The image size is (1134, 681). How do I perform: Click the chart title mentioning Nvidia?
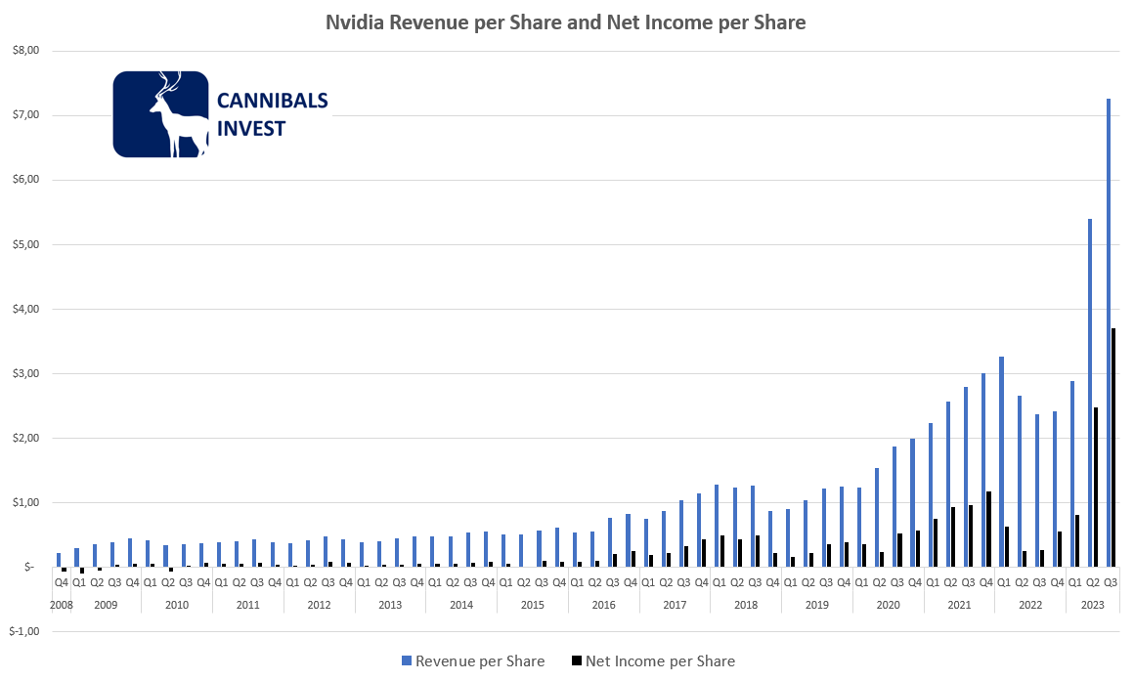(x=566, y=22)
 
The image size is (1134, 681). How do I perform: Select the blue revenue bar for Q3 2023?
(x=1108, y=332)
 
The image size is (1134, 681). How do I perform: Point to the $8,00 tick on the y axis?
(x=23, y=51)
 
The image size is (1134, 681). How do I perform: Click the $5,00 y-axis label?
(x=23, y=244)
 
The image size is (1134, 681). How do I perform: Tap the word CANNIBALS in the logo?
(x=272, y=102)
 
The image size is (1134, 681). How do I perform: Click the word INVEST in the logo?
(x=251, y=128)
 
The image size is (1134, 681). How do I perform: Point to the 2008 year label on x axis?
(x=61, y=605)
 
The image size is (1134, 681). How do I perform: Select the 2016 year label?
(x=603, y=605)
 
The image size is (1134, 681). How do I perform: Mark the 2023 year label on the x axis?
(x=1093, y=605)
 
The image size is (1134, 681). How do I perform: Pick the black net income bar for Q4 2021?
(x=989, y=529)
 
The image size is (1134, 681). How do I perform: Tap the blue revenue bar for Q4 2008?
(x=59, y=560)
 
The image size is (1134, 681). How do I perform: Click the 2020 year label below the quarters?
(x=888, y=605)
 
